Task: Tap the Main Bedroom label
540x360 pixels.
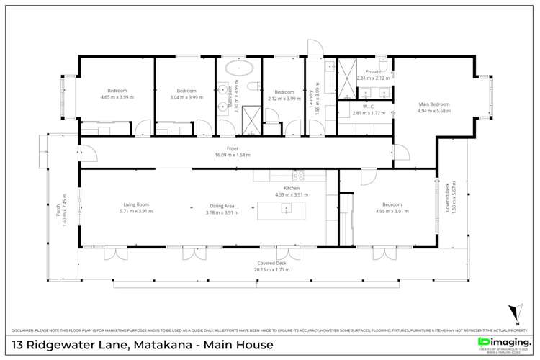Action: click(x=434, y=104)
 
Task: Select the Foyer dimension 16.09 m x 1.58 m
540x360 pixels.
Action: click(x=232, y=155)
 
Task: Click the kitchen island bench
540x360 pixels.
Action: click(x=282, y=210)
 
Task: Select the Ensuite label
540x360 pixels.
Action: click(x=373, y=72)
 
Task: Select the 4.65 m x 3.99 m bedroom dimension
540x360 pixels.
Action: click(x=117, y=97)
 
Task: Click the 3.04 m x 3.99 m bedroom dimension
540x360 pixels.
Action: click(x=186, y=97)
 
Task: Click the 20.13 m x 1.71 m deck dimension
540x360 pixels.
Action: click(x=274, y=270)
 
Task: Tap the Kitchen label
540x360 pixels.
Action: click(x=292, y=188)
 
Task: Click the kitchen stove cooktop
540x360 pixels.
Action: click(x=297, y=175)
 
